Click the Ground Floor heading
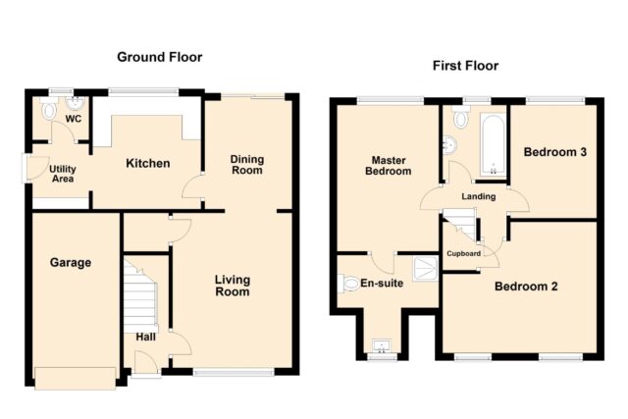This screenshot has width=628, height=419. click(159, 57)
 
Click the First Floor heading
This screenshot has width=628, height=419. click(465, 66)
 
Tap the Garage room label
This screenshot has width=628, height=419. click(71, 263)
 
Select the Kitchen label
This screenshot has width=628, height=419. click(148, 164)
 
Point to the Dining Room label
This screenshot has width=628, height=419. click(247, 165)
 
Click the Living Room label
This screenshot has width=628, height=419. click(233, 286)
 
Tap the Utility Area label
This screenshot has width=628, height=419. click(63, 174)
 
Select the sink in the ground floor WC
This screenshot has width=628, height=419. click(75, 104)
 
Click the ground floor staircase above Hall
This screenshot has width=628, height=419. click(140, 294)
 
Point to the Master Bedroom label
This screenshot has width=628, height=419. click(389, 166)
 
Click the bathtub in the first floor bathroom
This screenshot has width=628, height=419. click(493, 145)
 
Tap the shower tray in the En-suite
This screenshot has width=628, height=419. click(426, 269)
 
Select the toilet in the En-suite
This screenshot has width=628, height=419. click(348, 284)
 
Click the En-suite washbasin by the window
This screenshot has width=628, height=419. click(382, 346)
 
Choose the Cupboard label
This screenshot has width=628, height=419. click(464, 253)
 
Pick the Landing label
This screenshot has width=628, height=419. click(479, 196)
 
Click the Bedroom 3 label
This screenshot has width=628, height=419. click(555, 152)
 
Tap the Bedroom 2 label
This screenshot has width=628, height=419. click(526, 287)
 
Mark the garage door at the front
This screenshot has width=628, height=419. click(76, 378)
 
